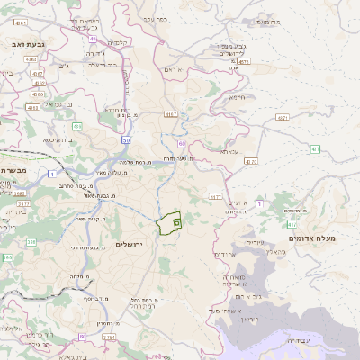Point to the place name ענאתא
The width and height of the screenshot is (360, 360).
[x=229, y=151]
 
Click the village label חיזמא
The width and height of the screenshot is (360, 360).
[x=238, y=97]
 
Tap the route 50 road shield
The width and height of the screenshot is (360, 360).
[x=126, y=140]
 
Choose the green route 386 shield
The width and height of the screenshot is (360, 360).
[x=31, y=241]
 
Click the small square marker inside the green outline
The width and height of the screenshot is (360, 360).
[x=176, y=219]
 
